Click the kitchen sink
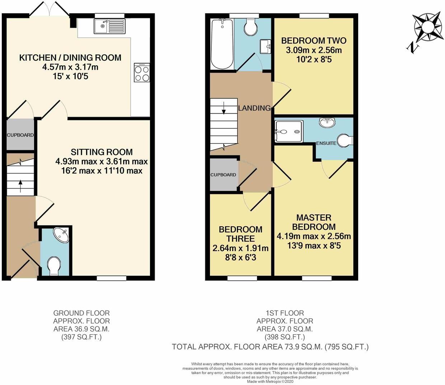[109, 26]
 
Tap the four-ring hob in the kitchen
[142, 73]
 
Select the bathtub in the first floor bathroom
[222, 44]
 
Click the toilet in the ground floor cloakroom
[53, 265]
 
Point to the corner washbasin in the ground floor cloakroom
[60, 235]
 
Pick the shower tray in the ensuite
[289, 131]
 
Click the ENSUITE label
[326, 143]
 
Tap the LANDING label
[254, 108]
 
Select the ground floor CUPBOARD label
[20, 135]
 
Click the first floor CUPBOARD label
[223, 175]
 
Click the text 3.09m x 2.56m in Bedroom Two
[314, 50]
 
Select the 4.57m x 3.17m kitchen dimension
[70, 67]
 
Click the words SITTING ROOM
[102, 152]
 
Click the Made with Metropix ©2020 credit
[270, 382]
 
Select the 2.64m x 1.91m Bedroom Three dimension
[240, 248]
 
